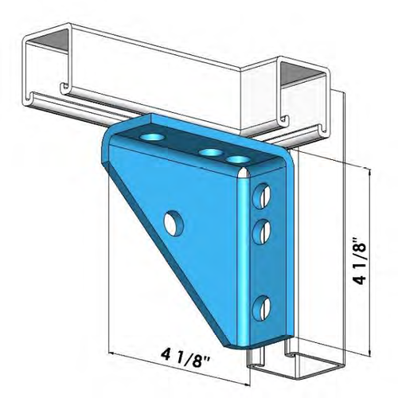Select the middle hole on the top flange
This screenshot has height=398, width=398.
(x=210, y=152)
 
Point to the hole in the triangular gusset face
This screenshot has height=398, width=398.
(x=170, y=220)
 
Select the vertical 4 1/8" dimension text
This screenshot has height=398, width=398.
(x=362, y=259)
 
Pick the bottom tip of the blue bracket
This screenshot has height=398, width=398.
(x=239, y=348)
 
